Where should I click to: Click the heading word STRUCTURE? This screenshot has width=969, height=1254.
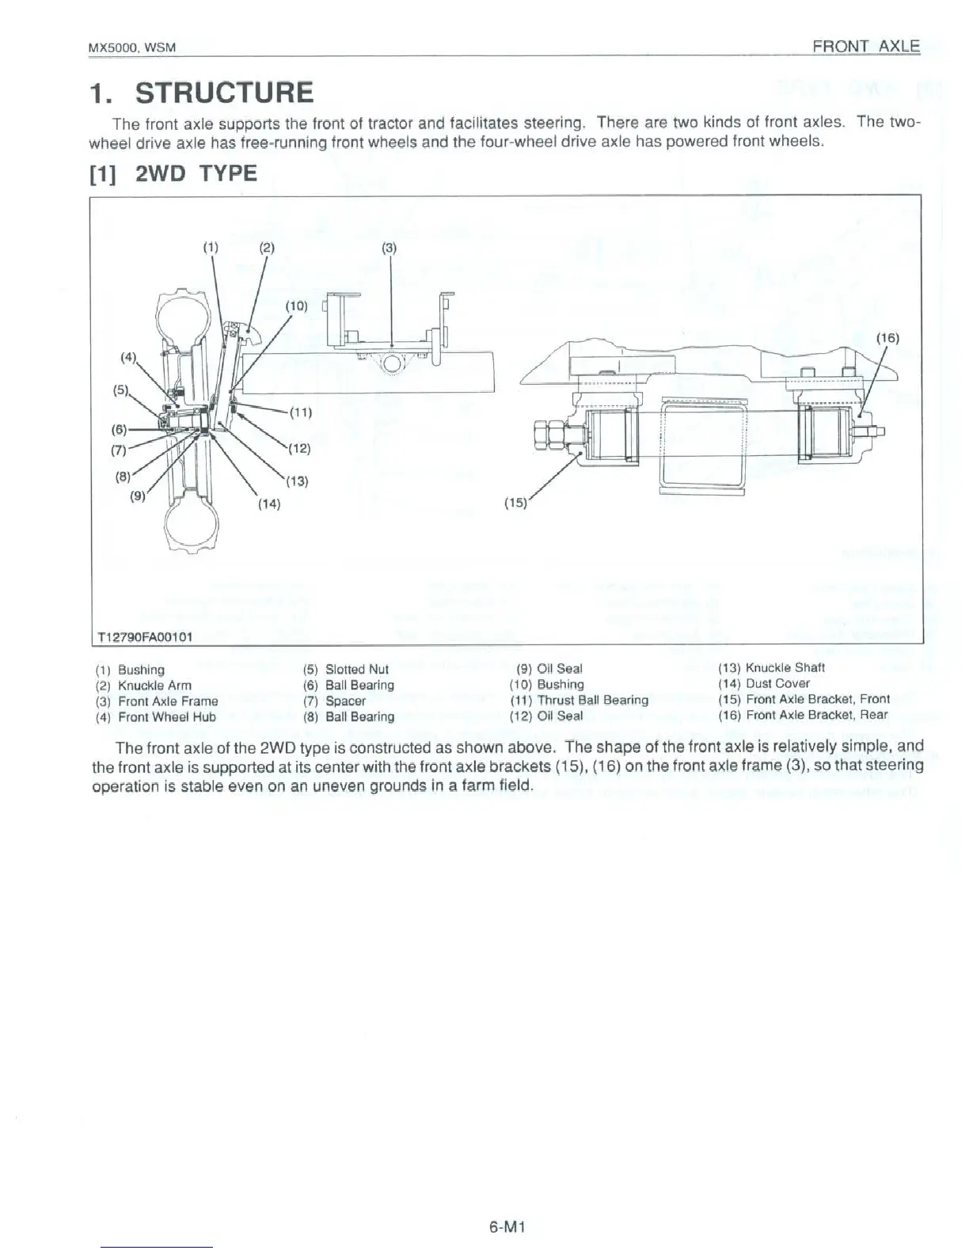click(x=224, y=93)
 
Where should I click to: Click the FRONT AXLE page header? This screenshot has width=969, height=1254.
click(x=866, y=46)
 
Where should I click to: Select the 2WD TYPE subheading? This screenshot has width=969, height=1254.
click(x=196, y=173)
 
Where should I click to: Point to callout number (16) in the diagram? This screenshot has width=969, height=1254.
click(x=887, y=338)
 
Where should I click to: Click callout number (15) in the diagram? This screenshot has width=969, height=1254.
click(x=515, y=502)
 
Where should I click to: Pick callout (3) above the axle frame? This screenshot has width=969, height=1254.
click(x=389, y=248)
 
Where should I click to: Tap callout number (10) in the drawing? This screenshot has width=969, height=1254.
click(x=296, y=306)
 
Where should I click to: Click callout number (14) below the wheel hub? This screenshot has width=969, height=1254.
click(x=268, y=503)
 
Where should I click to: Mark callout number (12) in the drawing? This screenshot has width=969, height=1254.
click(x=298, y=448)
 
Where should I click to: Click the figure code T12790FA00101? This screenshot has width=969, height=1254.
click(x=145, y=636)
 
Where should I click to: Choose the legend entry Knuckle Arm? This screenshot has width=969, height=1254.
click(x=154, y=686)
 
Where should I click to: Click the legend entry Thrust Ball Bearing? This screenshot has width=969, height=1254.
click(x=592, y=700)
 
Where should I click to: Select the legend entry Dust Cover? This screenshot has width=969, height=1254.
click(x=777, y=683)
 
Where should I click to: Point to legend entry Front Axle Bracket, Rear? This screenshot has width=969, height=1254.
click(x=817, y=715)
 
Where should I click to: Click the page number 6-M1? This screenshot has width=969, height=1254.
click(x=507, y=1228)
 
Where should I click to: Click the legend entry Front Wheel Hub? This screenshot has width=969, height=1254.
click(x=166, y=717)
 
